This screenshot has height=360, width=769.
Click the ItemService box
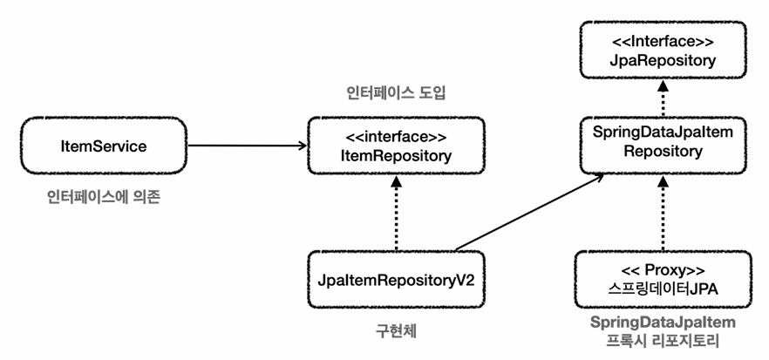tap(104, 146)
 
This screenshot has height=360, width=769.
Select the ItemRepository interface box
tap(396, 146)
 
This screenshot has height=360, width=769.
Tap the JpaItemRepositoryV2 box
tap(396, 280)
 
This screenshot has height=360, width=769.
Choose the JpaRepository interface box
tap(663, 50)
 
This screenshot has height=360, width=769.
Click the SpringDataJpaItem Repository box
tap(663, 146)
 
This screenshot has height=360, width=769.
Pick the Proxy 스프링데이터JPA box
tap(663, 280)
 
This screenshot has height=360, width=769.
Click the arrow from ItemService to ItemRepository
tap(248, 146)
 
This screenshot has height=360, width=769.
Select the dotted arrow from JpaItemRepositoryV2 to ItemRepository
tap(396, 213)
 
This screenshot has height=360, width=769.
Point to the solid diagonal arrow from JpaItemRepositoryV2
tap(530, 212)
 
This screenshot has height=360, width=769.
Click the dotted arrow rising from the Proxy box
tap(663, 213)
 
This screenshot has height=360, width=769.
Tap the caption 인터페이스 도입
tap(395, 93)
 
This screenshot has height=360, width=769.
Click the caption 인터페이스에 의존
tap(104, 197)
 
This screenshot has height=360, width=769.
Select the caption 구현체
tap(396, 331)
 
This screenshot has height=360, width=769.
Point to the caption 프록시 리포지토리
tap(663, 340)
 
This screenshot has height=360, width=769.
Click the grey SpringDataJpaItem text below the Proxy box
tap(663, 323)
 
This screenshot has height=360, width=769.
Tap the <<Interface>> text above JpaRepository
tap(663, 41)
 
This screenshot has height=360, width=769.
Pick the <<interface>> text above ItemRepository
tap(396, 137)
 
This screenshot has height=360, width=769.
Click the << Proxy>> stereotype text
tap(663, 271)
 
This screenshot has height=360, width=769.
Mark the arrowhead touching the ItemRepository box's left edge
tap(302, 146)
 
